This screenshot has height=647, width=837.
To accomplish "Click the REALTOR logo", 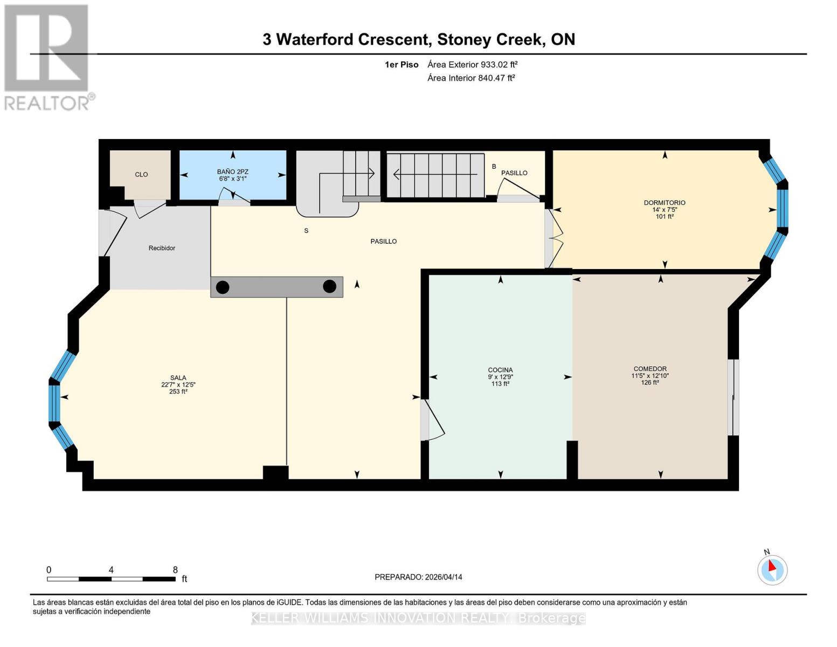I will click(47, 57).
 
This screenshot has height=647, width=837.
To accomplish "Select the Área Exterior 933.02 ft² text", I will click(472, 64).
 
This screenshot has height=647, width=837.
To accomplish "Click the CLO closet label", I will click(141, 175).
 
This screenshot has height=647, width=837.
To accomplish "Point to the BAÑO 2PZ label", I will click(233, 172).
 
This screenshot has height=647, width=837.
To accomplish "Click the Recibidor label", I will click(162, 248).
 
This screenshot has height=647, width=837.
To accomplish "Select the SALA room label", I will click(178, 378).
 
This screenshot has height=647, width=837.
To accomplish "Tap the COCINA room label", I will click(500, 370).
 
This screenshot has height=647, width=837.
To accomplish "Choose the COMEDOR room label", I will click(650, 369).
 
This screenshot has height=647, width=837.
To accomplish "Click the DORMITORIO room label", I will click(665, 203).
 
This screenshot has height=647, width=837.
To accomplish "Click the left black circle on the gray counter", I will click(223, 287).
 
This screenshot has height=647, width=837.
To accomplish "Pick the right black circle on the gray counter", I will click(329, 287).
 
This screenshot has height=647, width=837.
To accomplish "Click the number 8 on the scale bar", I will click(175, 570).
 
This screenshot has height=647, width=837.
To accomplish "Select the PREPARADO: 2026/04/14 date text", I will click(418, 577).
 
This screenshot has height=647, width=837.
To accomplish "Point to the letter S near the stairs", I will click(306, 231).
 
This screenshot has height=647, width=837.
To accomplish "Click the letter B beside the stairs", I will click(494, 167).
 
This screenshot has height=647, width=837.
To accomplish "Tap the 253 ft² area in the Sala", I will click(178, 391).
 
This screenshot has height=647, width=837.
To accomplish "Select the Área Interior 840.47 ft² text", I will click(471, 78).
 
